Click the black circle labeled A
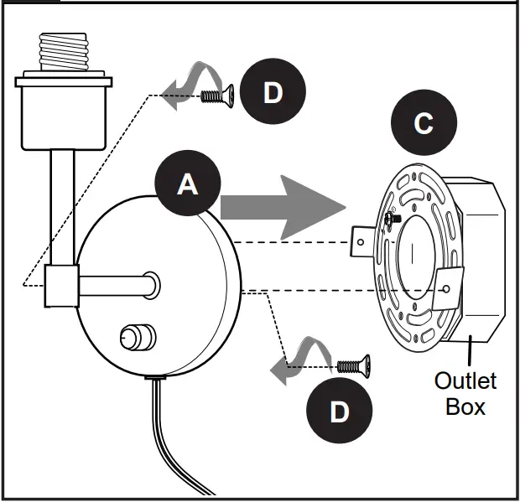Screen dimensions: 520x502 coord(188,183)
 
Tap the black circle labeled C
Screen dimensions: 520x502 coord(424,122)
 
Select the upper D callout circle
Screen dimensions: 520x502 coord(273,91)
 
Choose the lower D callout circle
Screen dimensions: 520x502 coord(340,410)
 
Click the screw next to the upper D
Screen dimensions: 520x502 coord(217,96)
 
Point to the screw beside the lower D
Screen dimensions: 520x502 coord(353,366)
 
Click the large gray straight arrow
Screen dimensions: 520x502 coord(283,208)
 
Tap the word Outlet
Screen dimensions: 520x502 coord(465,380)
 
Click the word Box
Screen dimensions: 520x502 coord(465,406)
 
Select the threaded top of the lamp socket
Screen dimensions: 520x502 coord(64,51)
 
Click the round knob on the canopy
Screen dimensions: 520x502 coord(138,337)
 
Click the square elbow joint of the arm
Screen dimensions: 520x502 coord(62,286)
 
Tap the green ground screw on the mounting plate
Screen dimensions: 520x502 coord(393,219)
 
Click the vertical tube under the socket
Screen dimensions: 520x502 coord(62,207)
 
